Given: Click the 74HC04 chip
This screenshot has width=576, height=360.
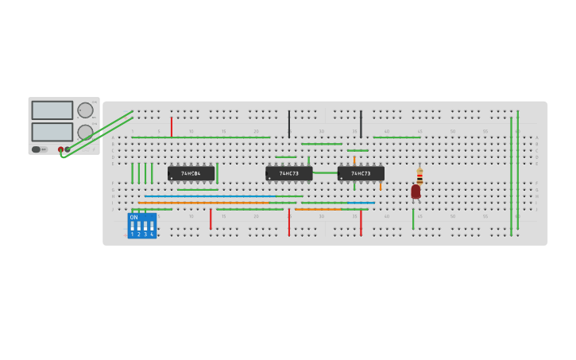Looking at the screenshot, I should click(191, 172).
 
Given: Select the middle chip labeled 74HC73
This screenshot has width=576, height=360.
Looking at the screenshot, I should click(288, 172).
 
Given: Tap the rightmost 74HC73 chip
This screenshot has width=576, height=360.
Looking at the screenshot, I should click(361, 172).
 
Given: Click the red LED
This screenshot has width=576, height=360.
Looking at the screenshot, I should click(416, 192).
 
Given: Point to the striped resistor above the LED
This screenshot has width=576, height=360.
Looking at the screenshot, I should click(419, 176).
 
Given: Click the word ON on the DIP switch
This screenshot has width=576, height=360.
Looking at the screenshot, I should click(133, 217).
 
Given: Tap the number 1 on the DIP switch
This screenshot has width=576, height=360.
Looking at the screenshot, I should click(132, 234).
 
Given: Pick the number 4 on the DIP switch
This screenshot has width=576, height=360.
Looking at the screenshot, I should click(152, 234).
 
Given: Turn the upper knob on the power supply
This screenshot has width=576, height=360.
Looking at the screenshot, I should click(84, 110).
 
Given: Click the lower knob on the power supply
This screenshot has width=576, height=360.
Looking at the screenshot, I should click(84, 132).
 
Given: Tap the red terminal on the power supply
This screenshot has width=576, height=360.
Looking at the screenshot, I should click(60, 149).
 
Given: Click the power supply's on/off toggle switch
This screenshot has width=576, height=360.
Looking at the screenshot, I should click(37, 149).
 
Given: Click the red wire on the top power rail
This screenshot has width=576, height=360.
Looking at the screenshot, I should click(171, 126).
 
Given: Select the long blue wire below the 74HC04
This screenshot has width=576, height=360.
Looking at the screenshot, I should click(211, 196).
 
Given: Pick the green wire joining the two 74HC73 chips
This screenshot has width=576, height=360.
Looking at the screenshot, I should click(325, 172).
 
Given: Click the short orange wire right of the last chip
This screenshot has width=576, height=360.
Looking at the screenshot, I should click(381, 187).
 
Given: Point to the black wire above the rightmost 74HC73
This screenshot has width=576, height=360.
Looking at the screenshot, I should click(361, 124).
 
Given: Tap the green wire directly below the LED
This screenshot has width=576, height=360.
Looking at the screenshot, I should click(413, 219).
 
